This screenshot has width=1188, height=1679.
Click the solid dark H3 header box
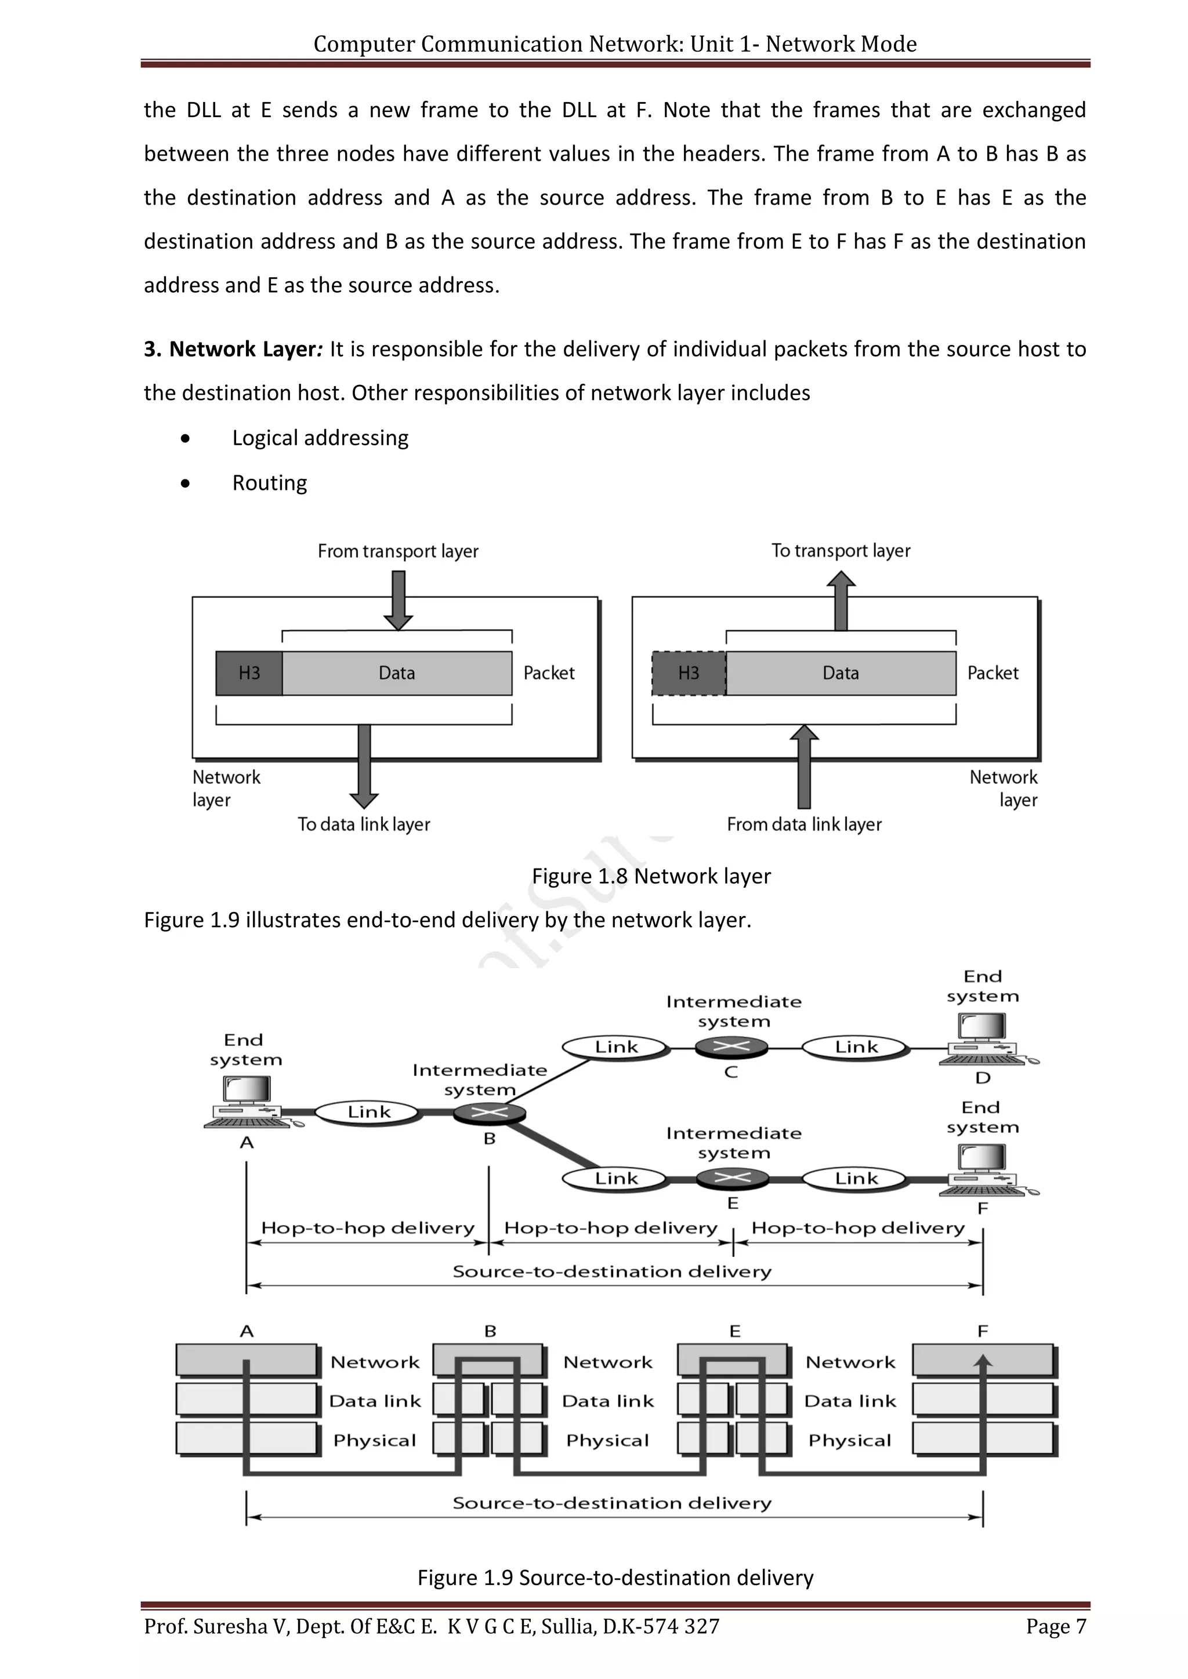249,673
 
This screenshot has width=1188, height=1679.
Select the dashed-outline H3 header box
689,673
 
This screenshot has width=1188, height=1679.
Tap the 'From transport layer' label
398,551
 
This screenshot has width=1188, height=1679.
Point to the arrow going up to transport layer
841,601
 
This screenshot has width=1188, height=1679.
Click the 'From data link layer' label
804,824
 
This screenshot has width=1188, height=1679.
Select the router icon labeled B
490,1113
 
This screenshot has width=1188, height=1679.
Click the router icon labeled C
731,1047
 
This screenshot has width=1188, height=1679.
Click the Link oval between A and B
369,1112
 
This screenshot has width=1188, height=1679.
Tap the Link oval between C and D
856,1047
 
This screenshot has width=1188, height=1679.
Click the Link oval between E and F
856,1178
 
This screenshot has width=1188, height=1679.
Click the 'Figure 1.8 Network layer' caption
651,876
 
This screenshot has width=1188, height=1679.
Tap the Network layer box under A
246,1361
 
